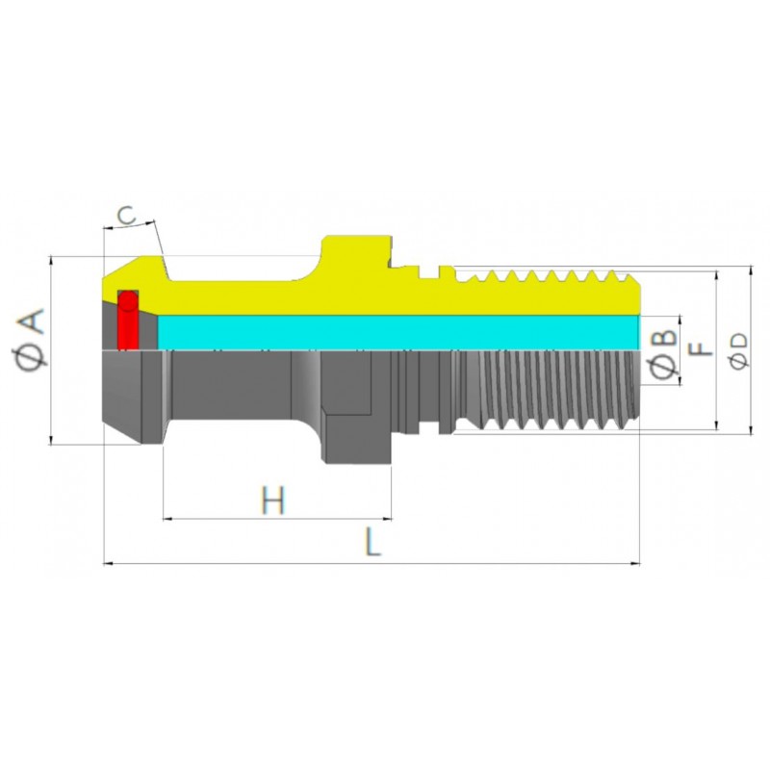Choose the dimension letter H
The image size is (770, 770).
tap(273, 500)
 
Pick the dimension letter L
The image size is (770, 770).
tap(373, 543)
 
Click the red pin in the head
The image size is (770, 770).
tap(126, 320)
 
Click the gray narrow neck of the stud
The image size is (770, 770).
tap(231, 385)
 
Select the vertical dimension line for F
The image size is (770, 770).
tap(717, 395)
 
